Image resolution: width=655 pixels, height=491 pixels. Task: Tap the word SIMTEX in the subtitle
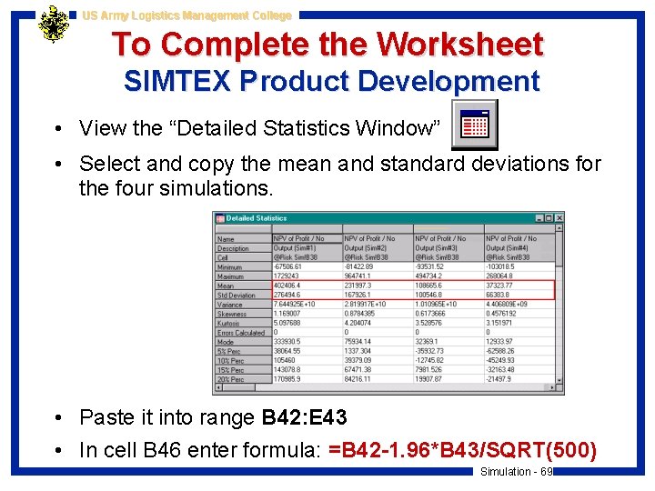[x=177, y=82]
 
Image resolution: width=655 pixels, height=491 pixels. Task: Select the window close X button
[x=559, y=218]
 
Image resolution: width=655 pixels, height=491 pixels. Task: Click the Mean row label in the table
[x=226, y=286]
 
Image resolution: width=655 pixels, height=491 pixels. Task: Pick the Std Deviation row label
[x=237, y=296]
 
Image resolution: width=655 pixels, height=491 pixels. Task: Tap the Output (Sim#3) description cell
[x=437, y=248]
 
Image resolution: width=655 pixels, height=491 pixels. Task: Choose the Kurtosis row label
[x=229, y=324]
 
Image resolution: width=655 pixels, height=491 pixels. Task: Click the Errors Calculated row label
[x=241, y=333]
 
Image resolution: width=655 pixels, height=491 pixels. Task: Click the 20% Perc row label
[x=231, y=380]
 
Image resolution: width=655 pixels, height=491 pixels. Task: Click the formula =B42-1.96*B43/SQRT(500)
[x=463, y=450]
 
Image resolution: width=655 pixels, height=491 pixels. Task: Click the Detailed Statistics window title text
[x=257, y=218]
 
